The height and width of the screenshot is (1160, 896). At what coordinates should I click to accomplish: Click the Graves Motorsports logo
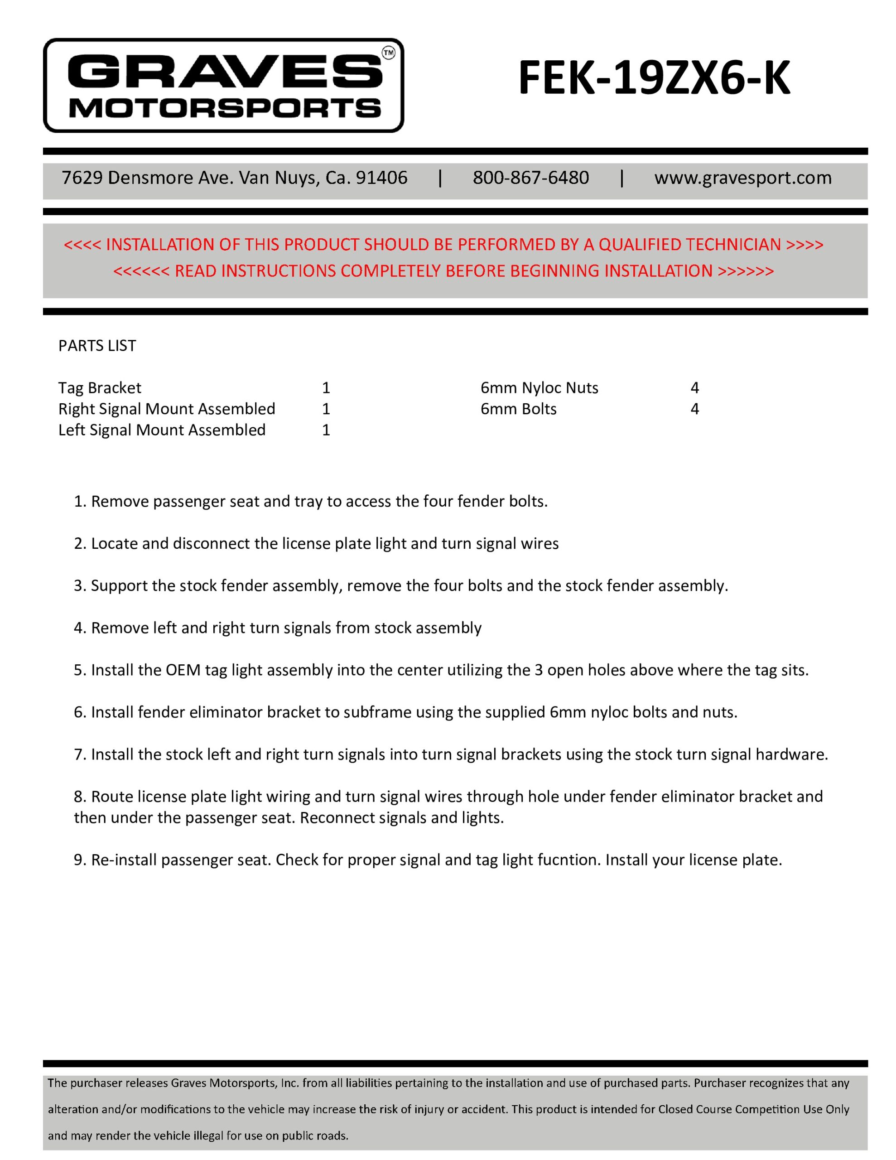click(x=223, y=85)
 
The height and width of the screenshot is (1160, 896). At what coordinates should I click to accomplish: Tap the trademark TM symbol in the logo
click(x=388, y=53)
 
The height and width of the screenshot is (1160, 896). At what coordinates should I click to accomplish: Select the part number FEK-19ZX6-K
click(x=654, y=78)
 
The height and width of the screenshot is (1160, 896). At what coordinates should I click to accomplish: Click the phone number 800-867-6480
click(x=530, y=178)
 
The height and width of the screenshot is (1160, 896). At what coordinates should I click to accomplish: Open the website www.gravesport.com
click(x=742, y=178)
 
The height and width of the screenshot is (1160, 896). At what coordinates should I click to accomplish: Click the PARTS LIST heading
click(x=97, y=346)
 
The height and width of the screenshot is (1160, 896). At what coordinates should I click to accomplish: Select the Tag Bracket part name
click(x=100, y=388)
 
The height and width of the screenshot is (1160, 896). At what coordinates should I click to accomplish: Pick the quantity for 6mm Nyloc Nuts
click(x=694, y=388)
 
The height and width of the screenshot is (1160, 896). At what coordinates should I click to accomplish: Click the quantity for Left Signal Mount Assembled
click(x=326, y=430)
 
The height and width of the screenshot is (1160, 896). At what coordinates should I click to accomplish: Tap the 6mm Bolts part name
click(x=518, y=409)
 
